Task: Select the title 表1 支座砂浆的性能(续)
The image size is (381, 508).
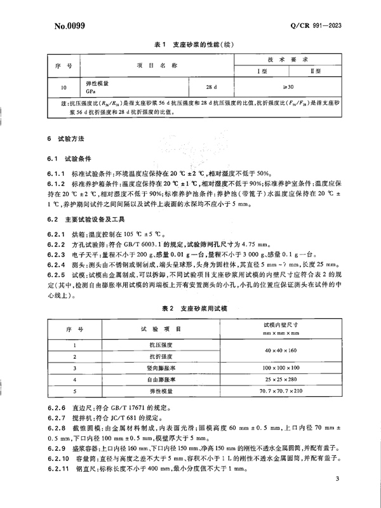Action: point(191,45)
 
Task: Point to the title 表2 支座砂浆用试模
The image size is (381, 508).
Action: point(190,308)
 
